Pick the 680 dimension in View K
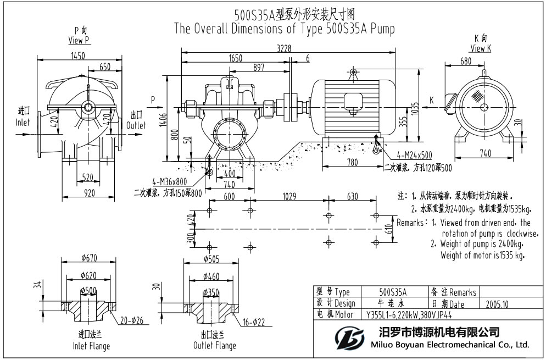tap(465, 62)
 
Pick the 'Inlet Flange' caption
tap(91, 346)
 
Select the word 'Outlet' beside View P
tap(137, 125)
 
